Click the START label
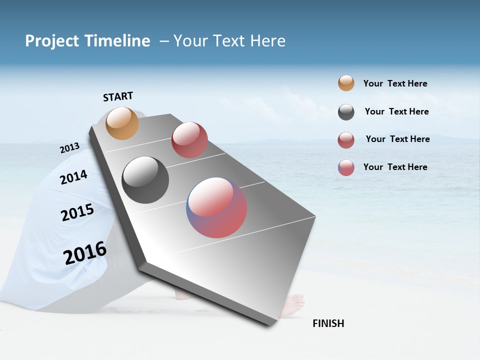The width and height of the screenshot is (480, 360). coord(118,96)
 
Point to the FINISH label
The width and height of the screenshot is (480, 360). coord(328,323)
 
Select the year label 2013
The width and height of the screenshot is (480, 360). coord(69,148)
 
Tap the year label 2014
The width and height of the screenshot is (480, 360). coord(73,177)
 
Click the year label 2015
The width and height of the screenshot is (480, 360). coord(77,212)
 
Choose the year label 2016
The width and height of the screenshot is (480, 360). coord(85,253)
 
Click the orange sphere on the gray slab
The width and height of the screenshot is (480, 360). coord(122,123)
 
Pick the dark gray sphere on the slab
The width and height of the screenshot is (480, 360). coord(145,180)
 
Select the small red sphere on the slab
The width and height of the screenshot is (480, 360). coord(189,140)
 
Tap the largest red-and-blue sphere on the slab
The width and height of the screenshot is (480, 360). coord(216,207)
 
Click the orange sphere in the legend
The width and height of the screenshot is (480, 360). coord(346,83)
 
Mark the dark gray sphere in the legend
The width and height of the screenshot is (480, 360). coord(346,112)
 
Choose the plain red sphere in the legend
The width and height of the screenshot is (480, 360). coord(346,140)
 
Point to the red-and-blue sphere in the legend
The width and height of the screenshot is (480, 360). coord(346,167)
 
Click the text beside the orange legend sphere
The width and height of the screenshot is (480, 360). coord(395,83)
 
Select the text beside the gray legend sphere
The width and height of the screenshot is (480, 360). coord(396,111)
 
